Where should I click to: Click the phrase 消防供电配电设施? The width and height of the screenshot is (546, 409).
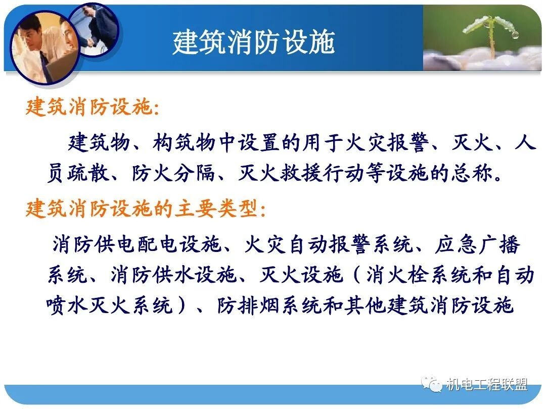coord(136,244)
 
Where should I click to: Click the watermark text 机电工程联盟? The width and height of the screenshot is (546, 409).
coord(486,385)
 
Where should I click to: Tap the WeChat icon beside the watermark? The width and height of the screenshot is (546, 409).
coord(433,385)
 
